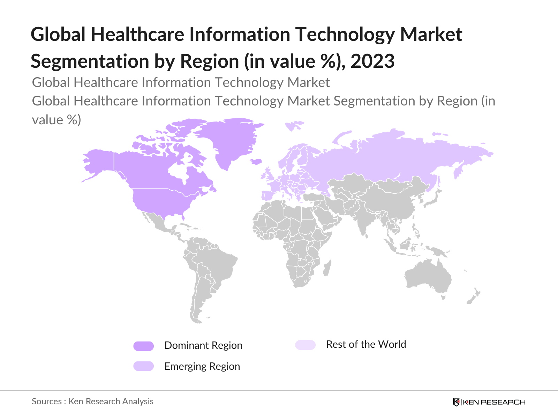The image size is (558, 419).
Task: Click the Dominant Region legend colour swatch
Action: (143, 346)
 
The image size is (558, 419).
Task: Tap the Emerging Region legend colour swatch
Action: (143, 366)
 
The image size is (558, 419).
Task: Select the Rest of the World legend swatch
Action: (305, 345)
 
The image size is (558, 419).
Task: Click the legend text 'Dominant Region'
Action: (203, 346)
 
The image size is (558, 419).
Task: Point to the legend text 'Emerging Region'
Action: (202, 367)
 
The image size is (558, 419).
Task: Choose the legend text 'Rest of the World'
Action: (366, 345)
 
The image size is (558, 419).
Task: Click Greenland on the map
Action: (232, 140)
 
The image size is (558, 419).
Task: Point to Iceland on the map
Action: (256, 162)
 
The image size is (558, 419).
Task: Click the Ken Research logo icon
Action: (456, 402)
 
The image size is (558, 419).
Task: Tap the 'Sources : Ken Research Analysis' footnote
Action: (92, 402)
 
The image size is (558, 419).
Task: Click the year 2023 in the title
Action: (372, 61)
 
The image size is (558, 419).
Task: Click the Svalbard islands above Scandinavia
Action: (294, 126)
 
